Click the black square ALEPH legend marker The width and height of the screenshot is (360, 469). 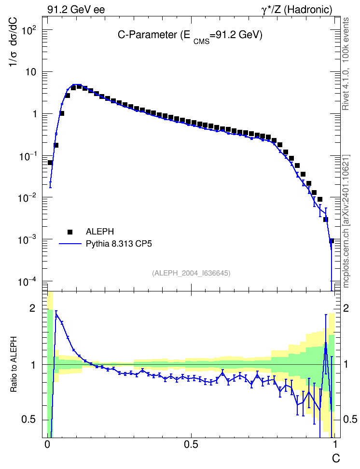70,232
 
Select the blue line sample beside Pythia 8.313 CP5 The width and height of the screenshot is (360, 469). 70,244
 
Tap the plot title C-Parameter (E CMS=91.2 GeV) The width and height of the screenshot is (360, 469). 190,36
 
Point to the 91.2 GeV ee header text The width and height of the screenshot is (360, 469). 76,10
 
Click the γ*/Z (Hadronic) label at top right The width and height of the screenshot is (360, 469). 297,10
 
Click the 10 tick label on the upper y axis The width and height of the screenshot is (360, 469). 31,72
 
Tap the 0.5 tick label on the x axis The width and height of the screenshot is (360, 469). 191,444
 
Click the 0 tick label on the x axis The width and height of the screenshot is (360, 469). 47,444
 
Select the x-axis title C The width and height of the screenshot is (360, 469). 336,458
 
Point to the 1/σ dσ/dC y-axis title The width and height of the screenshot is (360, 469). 13,42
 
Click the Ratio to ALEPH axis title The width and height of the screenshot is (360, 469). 14,365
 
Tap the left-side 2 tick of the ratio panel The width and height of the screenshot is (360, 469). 32,308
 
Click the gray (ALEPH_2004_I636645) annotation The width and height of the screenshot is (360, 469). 191,273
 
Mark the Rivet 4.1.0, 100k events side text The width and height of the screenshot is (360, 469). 346,64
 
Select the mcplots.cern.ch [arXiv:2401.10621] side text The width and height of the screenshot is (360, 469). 346,221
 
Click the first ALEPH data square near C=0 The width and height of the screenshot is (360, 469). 50,163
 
